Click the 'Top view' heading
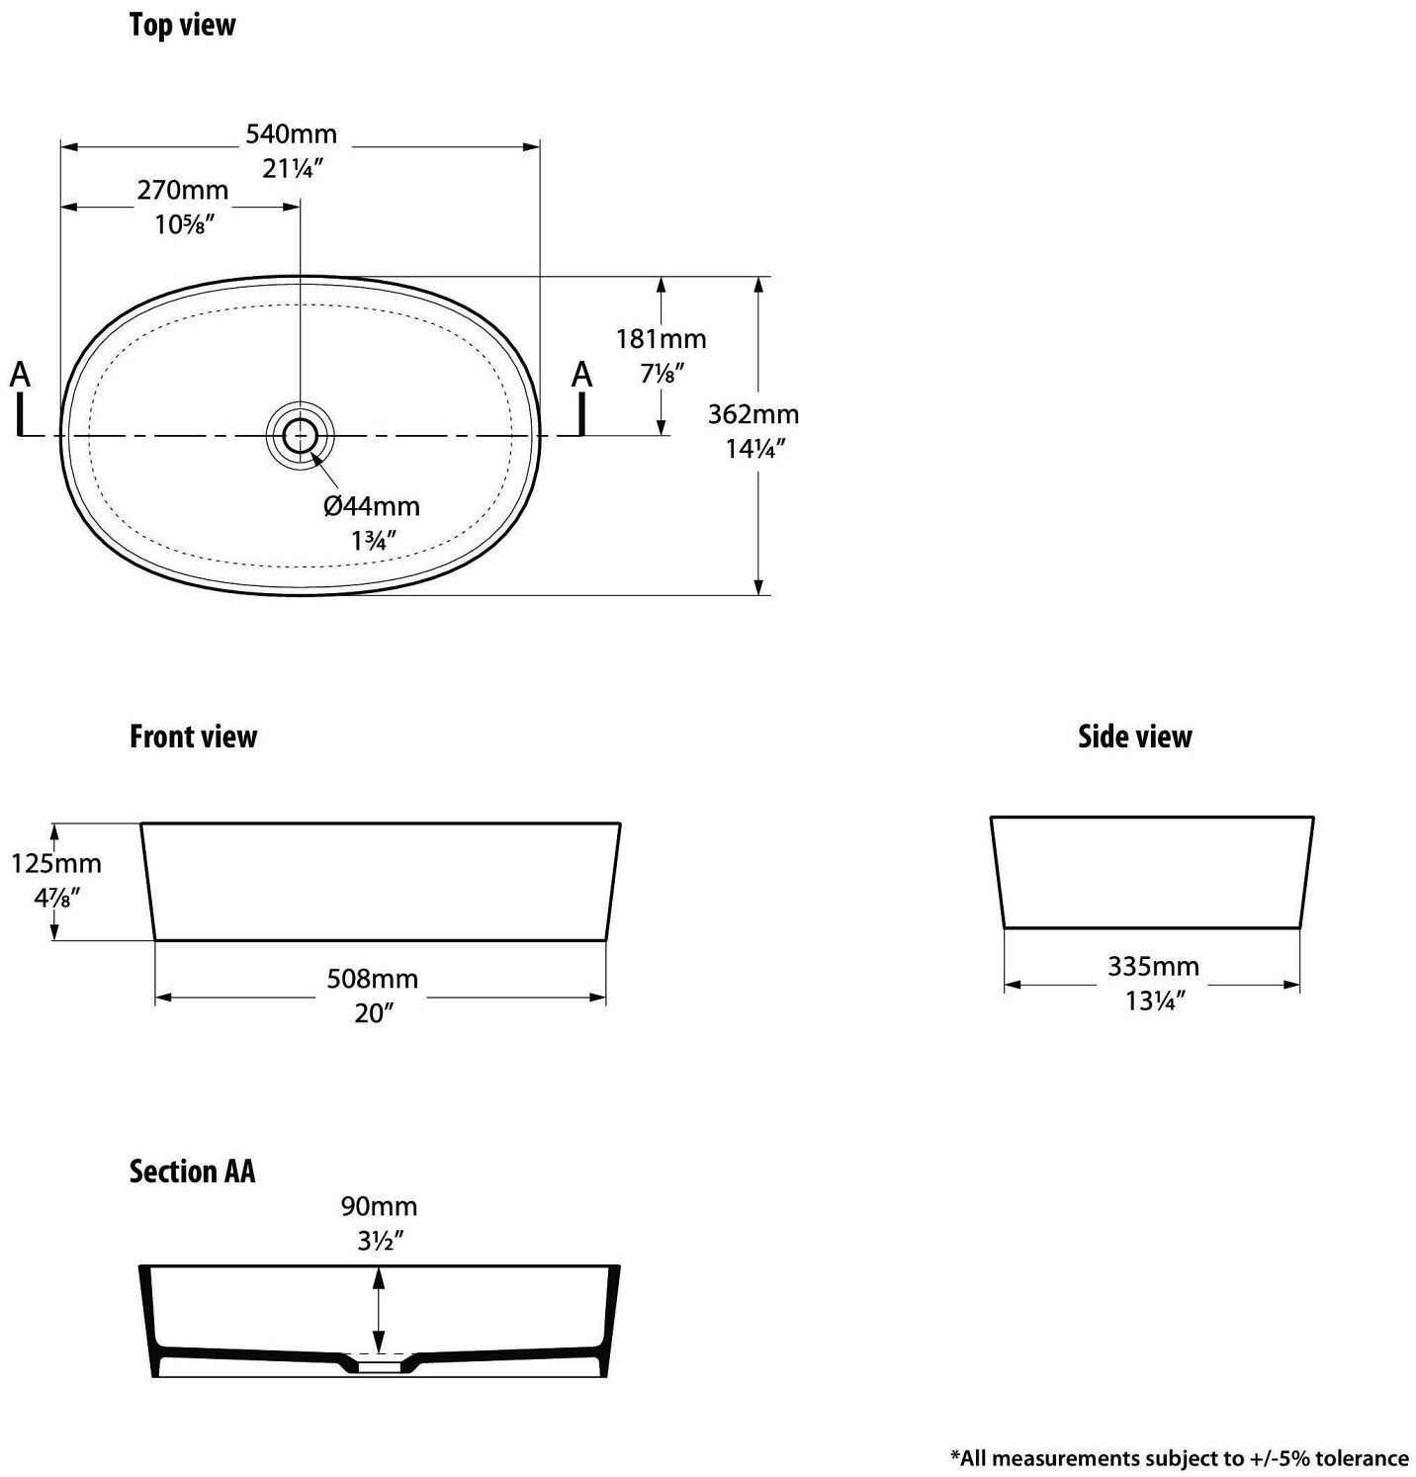click(x=182, y=26)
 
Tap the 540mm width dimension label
click(x=292, y=133)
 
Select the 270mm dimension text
click(x=183, y=190)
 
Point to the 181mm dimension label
click(x=662, y=339)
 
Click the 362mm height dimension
click(x=753, y=414)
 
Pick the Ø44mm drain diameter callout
click(x=372, y=506)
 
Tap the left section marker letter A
click(x=20, y=376)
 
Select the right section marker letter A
click(x=582, y=376)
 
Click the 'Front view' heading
click(x=193, y=738)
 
